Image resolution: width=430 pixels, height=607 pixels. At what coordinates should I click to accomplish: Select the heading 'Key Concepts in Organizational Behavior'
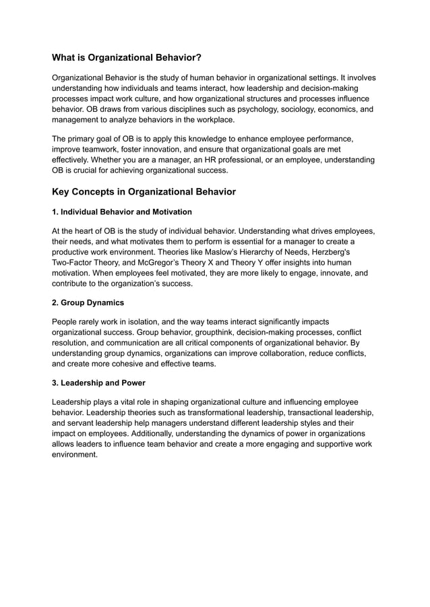tap(144, 192)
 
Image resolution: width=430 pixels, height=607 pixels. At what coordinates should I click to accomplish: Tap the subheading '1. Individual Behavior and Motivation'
tap(122, 212)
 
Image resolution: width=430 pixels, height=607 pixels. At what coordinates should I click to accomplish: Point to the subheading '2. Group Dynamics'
tap(88, 303)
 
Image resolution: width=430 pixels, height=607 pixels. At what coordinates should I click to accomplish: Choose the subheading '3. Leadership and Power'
tap(98, 383)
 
